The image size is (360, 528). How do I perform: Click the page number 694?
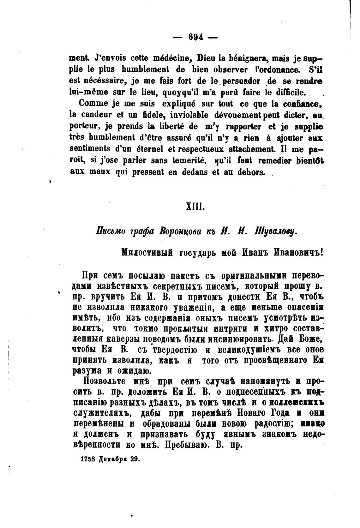point(195,37)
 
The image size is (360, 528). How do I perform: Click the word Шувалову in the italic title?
point(276,231)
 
